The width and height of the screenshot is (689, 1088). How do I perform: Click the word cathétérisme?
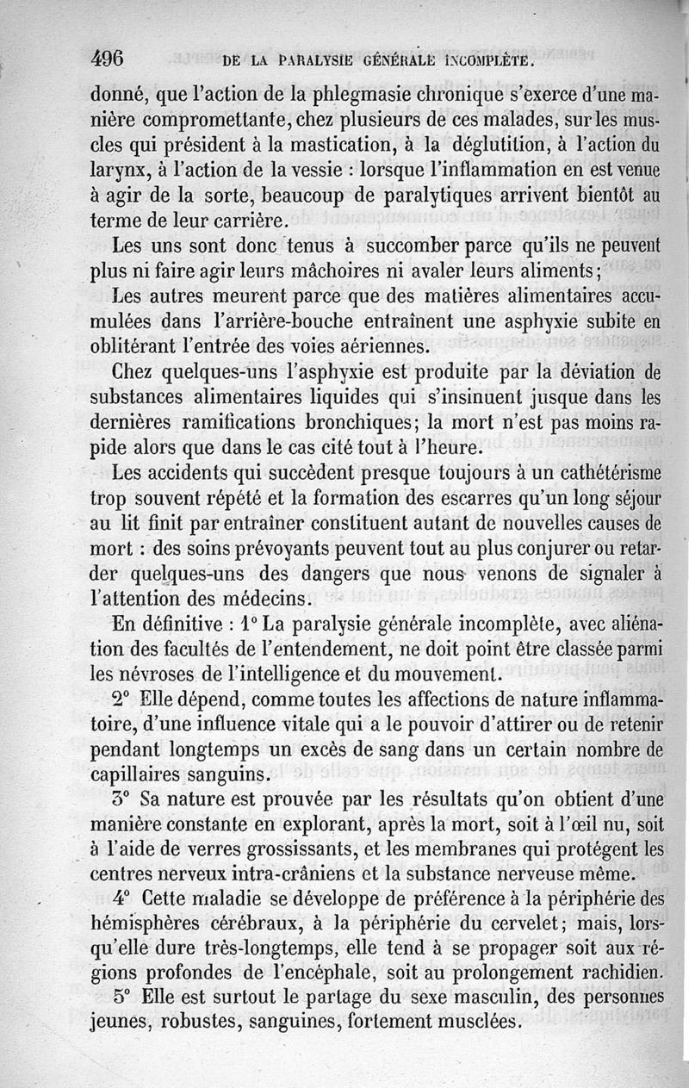pos(589,476)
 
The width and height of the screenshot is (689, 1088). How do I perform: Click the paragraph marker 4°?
pos(124,898)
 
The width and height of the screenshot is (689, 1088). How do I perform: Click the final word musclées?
pos(469,1024)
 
